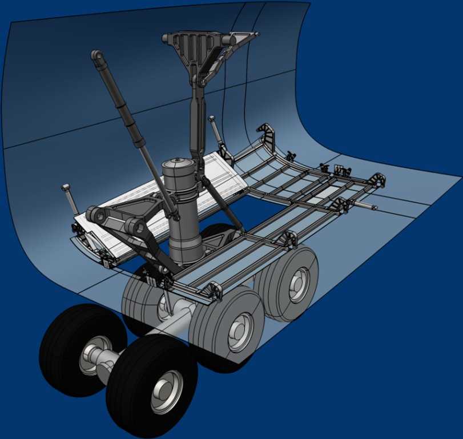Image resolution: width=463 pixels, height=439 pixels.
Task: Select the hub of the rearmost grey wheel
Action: (x=297, y=284)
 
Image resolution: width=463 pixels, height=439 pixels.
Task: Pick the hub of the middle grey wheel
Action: (x=239, y=332)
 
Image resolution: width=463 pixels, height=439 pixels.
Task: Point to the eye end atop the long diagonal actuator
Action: (x=97, y=56)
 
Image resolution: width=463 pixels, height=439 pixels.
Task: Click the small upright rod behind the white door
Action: (x=216, y=131)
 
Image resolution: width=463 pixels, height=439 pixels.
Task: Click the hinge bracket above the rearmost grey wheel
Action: (x=288, y=238)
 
